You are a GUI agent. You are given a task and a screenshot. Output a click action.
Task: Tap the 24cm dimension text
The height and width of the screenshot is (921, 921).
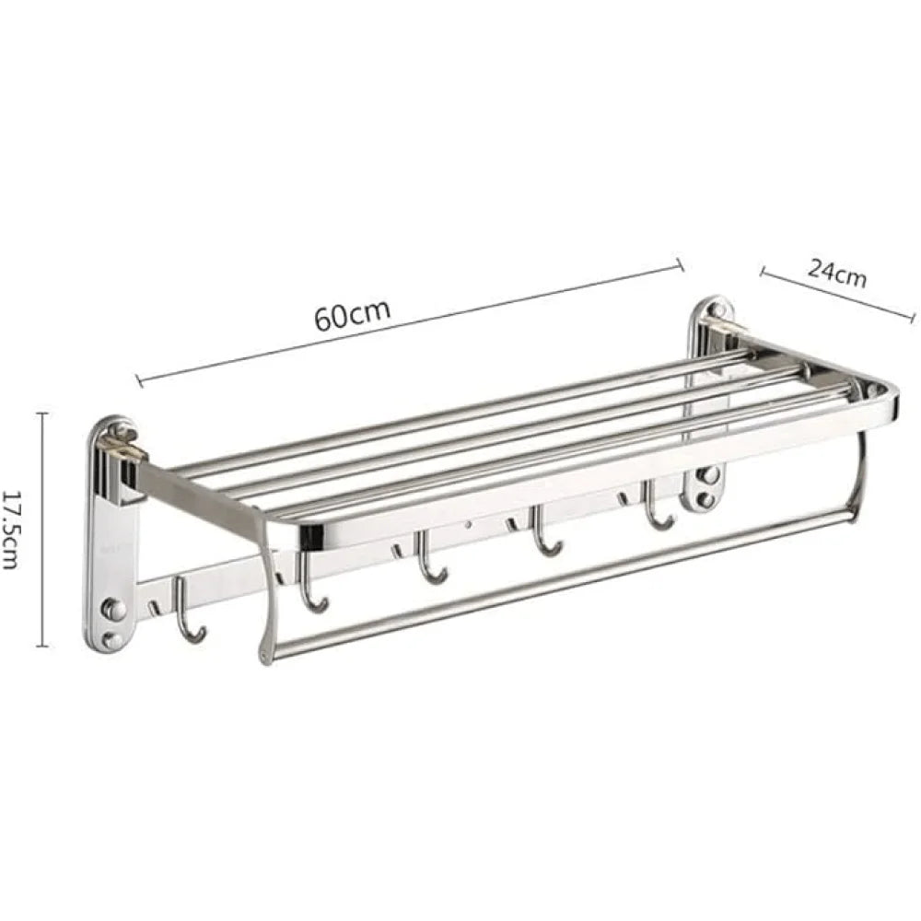point(837,273)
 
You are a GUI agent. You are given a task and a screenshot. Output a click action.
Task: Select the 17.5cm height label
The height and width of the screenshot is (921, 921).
point(12,529)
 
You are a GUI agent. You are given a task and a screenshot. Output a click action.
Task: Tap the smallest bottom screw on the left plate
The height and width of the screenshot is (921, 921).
point(112,640)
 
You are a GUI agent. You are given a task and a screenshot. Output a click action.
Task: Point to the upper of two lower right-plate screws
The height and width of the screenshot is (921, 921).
point(708,475)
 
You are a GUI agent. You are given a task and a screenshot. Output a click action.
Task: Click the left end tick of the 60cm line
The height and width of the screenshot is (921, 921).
point(138,379)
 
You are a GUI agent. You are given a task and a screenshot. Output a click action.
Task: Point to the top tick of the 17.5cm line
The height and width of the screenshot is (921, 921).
point(41,414)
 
